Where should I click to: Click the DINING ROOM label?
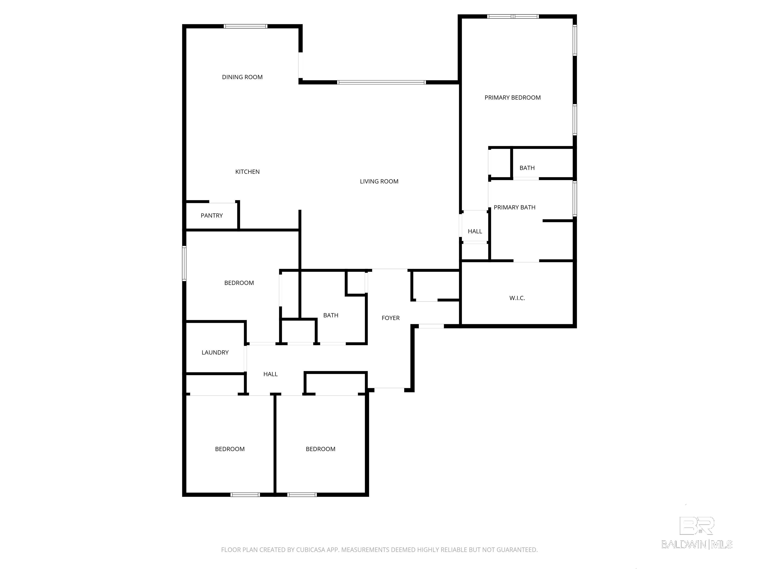click(242, 77)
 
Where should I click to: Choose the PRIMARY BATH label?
click(514, 207)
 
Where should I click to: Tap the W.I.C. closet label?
click(517, 298)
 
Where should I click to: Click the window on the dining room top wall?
click(245, 26)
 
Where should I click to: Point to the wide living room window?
click(381, 82)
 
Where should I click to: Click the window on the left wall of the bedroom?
click(184, 264)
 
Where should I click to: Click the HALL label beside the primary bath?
click(475, 231)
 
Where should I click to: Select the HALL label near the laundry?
click(270, 374)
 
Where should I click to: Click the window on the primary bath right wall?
click(574, 199)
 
